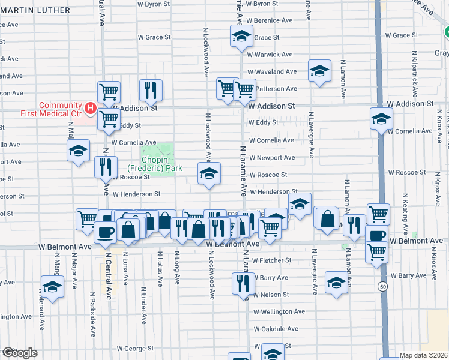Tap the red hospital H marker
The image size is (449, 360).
pyautogui.click(x=90, y=108)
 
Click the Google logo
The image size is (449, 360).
pyautogui.click(x=19, y=353)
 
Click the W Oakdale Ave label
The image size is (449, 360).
pyautogui.click(x=276, y=329)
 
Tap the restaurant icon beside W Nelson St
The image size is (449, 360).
pyautogui.click(x=243, y=283)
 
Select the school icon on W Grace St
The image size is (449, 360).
pyautogui.click(x=241, y=37)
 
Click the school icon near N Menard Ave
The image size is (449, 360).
pyautogui.click(x=52, y=287)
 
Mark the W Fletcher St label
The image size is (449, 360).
pyautogui.click(x=271, y=260)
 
